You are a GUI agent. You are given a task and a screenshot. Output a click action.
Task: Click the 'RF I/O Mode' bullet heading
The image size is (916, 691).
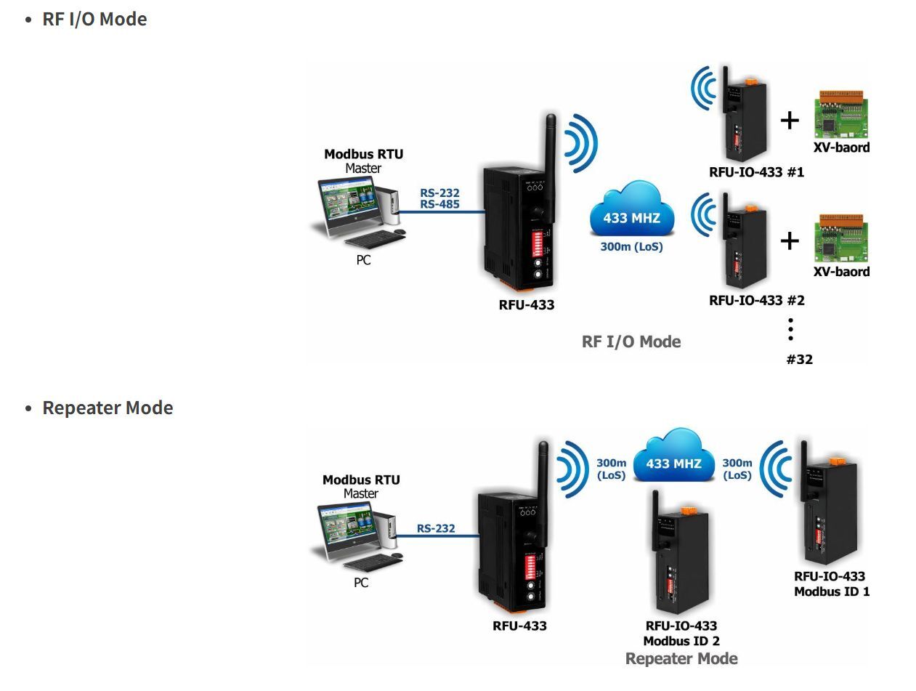point(94,19)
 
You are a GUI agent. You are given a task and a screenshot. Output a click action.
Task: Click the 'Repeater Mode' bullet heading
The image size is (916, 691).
point(108,408)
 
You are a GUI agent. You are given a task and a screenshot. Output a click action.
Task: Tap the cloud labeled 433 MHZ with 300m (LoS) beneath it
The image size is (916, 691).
point(631,211)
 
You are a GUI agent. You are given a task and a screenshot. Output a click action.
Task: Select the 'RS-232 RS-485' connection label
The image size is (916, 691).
point(439,199)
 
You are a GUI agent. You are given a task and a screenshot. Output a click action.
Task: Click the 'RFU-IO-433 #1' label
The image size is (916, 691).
point(756,172)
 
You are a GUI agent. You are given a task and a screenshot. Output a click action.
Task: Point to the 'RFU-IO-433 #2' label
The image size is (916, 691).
point(756,300)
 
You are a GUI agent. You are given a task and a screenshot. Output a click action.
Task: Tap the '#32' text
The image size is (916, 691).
point(799,359)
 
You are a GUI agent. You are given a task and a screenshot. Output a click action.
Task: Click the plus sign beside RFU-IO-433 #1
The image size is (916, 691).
point(790,119)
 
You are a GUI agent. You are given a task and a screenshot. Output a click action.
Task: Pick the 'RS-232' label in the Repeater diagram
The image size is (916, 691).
point(436,528)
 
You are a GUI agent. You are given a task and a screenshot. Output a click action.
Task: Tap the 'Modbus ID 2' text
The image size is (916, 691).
point(681,641)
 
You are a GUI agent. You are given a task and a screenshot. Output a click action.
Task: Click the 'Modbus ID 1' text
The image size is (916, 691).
point(831,591)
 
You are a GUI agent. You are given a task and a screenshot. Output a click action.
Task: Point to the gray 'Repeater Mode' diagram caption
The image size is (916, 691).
point(681,659)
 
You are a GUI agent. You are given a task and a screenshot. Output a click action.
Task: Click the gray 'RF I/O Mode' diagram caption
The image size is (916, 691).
point(631,342)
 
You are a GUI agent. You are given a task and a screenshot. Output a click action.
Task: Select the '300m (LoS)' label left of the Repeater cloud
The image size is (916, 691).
point(611,469)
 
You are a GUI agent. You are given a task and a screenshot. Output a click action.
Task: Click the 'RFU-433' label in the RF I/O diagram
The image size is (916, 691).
point(526,305)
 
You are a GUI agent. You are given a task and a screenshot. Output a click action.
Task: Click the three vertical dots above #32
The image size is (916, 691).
point(790,329)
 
